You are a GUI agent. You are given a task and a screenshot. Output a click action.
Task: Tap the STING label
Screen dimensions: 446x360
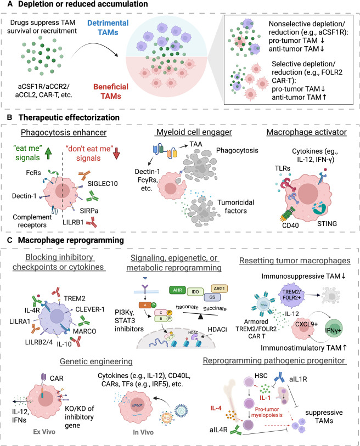point(327,224)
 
